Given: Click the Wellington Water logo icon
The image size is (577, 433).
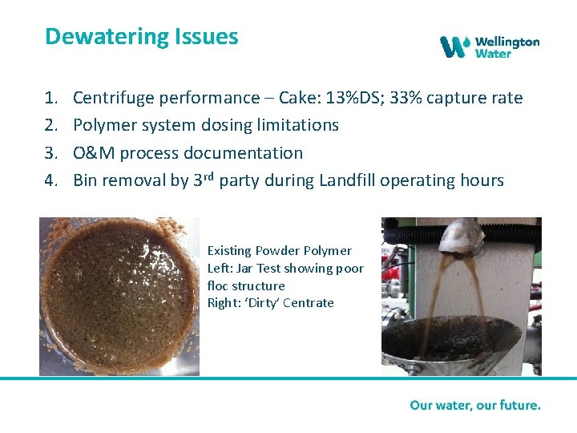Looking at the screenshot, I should click(454, 47).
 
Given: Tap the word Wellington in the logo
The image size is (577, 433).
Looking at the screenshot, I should click(507, 41).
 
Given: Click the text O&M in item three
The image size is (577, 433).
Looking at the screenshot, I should click(94, 153).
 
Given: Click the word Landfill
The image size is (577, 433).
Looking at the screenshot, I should click(347, 180).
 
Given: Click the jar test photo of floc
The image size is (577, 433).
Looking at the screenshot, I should click(119, 296).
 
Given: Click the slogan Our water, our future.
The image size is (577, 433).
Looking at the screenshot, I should click(475, 405).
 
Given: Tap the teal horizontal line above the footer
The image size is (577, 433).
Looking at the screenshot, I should click(288, 378).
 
